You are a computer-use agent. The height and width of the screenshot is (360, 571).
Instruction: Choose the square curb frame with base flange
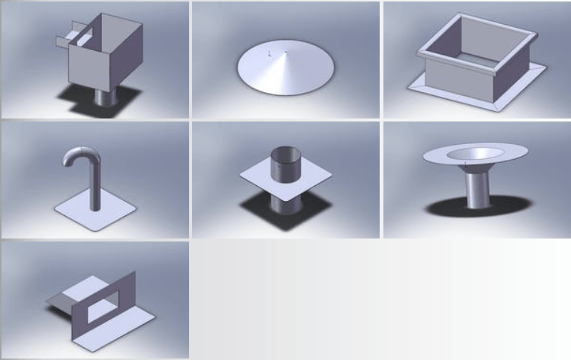point(476,64)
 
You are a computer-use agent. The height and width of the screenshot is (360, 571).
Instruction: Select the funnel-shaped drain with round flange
point(476,172)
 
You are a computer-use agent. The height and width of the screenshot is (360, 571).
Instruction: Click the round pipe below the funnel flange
point(476,191)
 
